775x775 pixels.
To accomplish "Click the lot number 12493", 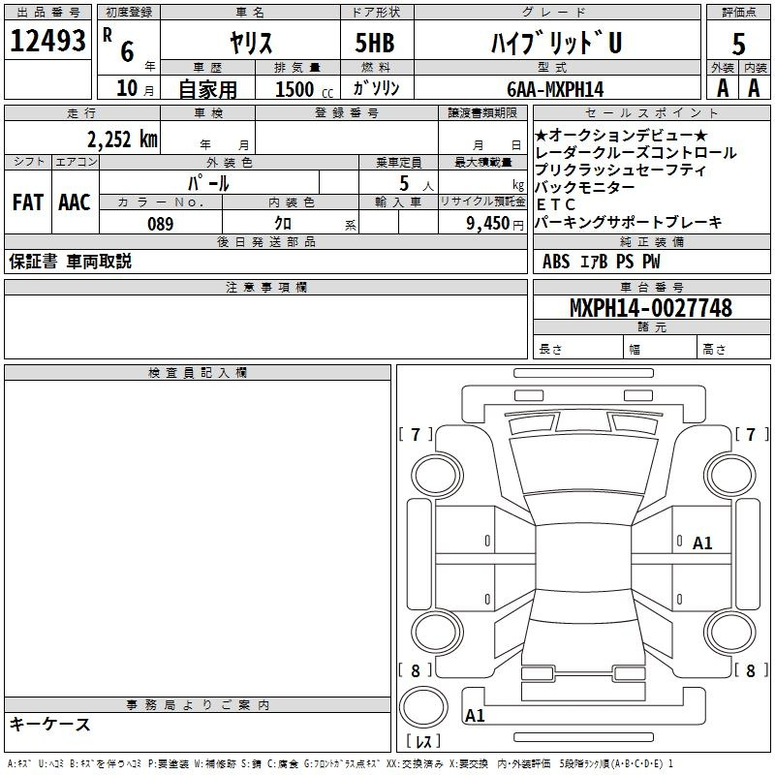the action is pos(47,41).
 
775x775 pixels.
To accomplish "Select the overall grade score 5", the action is pos(738,45).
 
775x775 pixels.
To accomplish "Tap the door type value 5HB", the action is pos(375,43).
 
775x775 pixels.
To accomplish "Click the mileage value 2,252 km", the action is pos(123,139).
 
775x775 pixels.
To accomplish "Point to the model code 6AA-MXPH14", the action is pos(555,89).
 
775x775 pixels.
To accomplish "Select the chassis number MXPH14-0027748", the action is pos(650,307).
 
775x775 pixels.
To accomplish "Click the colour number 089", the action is pos(160,224).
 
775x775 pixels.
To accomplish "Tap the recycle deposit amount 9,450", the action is pos(487,224).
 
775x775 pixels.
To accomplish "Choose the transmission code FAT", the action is pos(28,202).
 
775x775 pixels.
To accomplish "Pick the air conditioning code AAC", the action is pos(75,202).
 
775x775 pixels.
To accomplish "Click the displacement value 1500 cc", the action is pos(304,89).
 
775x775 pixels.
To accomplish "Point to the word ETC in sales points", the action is pos(555,204).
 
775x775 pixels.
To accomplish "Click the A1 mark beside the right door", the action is pos(701,543).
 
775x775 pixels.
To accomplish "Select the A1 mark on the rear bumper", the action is pos(475,715).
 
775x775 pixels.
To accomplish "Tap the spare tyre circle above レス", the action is pos(423,707).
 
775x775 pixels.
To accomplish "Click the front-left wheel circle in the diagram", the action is pos(437,476).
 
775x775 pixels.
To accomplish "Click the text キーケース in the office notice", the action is pos(50,724).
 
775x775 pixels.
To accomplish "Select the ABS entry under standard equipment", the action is pos(556,262).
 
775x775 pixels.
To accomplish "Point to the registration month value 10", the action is pos(127,88).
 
